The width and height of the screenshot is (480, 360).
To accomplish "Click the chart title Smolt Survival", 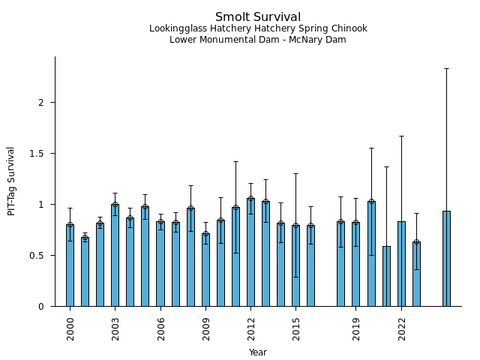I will tap(258, 17).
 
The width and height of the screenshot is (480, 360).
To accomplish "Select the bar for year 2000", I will tap(70, 265).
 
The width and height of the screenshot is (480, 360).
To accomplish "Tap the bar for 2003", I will tap(115, 255).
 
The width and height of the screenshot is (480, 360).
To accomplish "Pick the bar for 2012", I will tap(250, 252).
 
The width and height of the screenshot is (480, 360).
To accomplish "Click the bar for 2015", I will tap(295, 265).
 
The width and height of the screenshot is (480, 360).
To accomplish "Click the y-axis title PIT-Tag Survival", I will tap(11, 181).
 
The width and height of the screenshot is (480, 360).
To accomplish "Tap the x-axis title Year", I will tap(258, 352).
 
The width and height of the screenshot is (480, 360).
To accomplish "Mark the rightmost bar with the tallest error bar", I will tap(446, 259).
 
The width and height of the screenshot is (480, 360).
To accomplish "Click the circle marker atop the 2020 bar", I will tap(371, 202).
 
